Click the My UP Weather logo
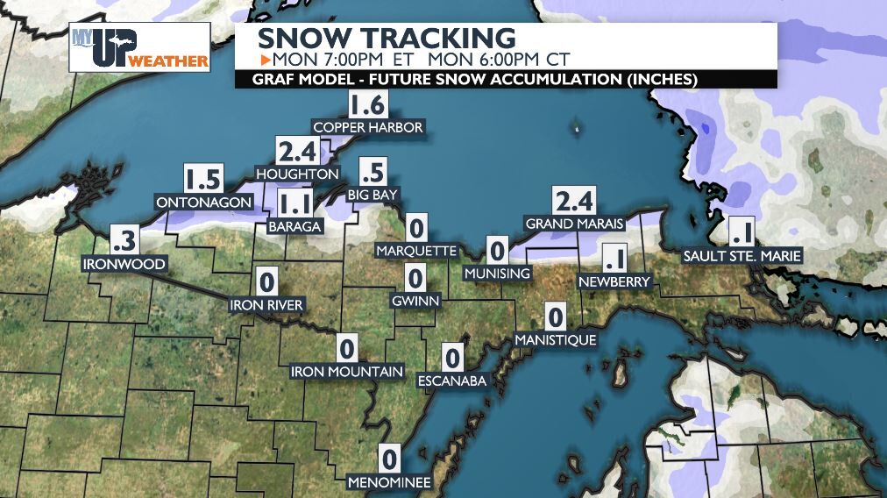tap(140, 47)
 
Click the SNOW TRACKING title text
tap(386, 39)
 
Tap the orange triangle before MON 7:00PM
tap(266, 60)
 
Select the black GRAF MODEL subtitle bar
tap(507, 80)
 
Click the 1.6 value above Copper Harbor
tap(367, 106)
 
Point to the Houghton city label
tap(297, 174)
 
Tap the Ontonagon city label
tap(202, 203)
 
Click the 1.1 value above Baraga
tap(294, 206)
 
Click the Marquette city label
tap(416, 252)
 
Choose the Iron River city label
tap(266, 305)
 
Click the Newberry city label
tap(614, 281)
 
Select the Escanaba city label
tap(451, 381)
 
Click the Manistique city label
tap(556, 339)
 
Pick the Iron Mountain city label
tap(347, 372)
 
